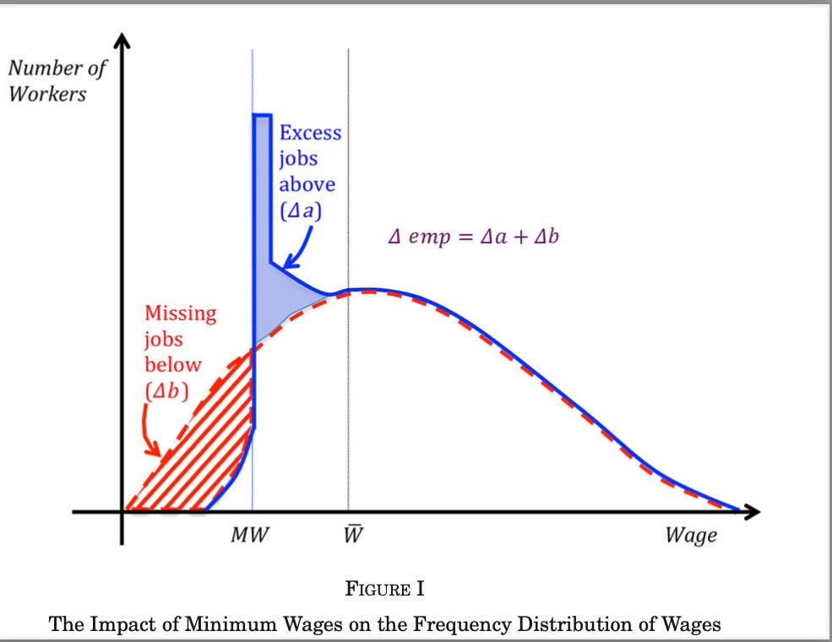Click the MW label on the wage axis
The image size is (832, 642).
coord(250,536)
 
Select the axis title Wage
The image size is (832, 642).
coord(690,536)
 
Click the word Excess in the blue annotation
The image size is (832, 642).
coord(310,133)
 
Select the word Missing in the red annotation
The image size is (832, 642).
coord(180,313)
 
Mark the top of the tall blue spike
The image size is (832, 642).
coord(261,115)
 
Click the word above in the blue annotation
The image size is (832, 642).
coord(307,184)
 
